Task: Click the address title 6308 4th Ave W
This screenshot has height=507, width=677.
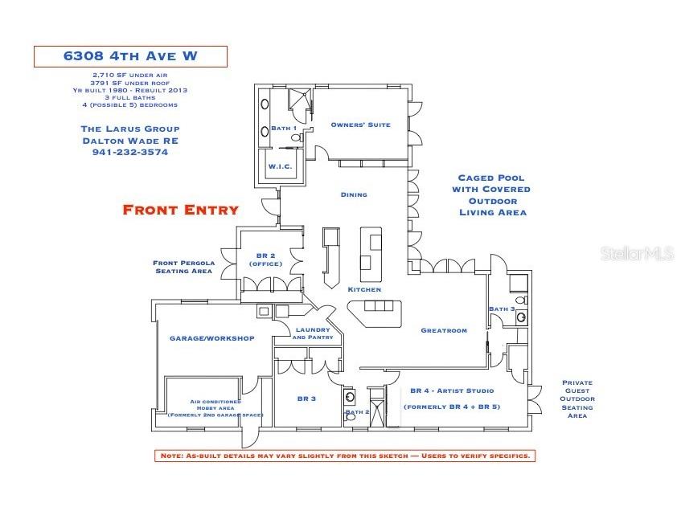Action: (x=130, y=56)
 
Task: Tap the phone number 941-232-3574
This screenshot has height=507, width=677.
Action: (x=130, y=152)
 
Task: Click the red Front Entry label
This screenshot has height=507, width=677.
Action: (x=180, y=210)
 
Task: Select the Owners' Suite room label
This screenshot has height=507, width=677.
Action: (x=360, y=125)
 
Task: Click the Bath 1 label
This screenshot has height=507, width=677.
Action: (x=283, y=129)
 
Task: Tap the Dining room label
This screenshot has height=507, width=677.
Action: (x=354, y=194)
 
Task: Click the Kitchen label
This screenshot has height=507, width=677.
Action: (x=364, y=289)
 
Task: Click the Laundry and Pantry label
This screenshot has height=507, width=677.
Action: (x=313, y=333)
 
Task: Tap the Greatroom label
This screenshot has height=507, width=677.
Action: (x=443, y=330)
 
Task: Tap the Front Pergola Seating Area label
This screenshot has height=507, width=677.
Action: (x=183, y=267)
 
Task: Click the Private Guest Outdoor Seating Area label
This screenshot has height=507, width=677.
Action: (x=577, y=399)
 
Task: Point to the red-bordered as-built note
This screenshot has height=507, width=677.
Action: (x=343, y=456)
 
